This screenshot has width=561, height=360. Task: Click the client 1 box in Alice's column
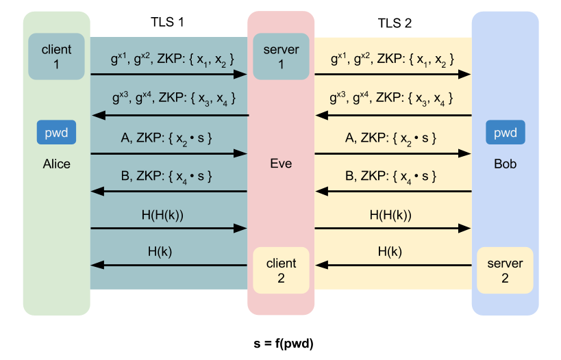tap(57, 56)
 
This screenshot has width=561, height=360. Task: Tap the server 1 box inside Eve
tap(282, 56)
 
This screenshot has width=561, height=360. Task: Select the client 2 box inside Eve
tap(282, 270)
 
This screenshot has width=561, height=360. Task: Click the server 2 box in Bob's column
tap(505, 270)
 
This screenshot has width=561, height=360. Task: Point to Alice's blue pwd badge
tap(56, 133)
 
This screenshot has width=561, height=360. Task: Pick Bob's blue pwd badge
tap(505, 133)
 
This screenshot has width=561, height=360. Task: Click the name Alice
tap(56, 164)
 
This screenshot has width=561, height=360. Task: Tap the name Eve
tap(281, 164)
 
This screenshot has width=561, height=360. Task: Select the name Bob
tap(505, 164)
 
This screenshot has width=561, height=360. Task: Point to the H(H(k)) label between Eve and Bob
tap(391, 215)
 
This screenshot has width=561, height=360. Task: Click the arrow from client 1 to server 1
tap(169, 74)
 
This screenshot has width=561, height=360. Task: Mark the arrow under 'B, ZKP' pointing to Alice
tap(169, 192)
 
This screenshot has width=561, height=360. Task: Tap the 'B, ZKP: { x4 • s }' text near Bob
tap(391, 177)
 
